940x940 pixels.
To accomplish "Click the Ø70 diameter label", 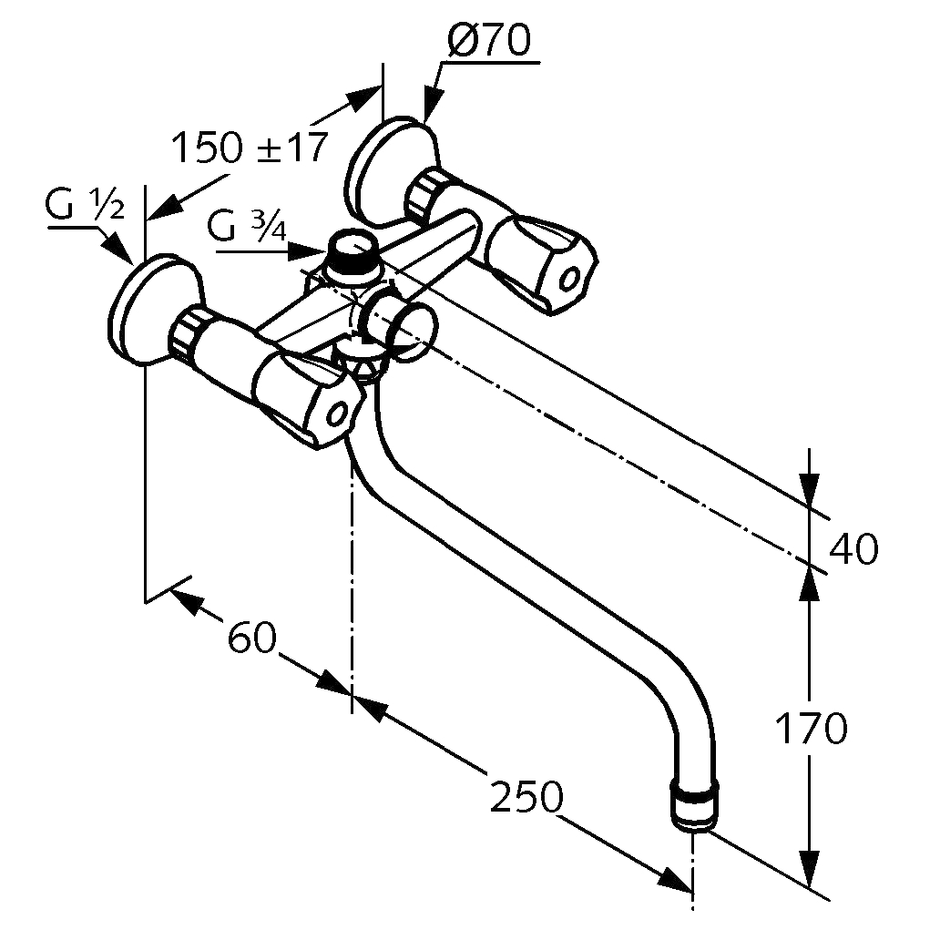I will (488, 42).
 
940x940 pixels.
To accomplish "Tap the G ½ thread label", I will (85, 209).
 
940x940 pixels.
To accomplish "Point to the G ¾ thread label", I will (246, 226).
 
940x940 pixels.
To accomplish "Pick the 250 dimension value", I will (526, 798).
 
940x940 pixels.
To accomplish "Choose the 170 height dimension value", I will (812, 729).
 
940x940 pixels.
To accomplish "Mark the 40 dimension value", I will (853, 549).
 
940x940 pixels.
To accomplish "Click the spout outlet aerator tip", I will (695, 806).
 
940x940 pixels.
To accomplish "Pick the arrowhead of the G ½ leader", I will (120, 250).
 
